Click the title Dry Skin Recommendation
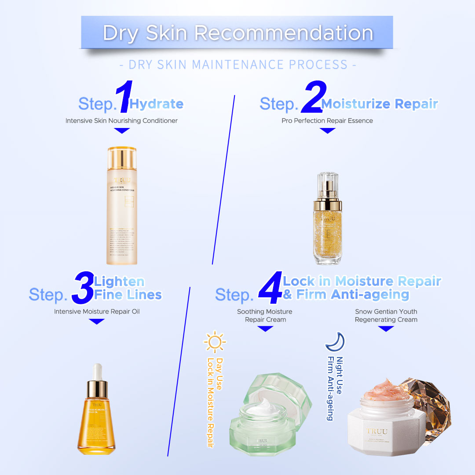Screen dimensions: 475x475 (237, 33)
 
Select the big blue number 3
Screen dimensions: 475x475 (83, 288)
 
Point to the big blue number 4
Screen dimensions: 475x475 (270, 288)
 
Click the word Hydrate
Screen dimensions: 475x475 (157, 104)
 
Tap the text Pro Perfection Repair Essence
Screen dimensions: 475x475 (327, 121)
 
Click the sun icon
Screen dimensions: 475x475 (215, 342)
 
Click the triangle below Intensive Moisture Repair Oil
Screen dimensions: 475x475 (97, 322)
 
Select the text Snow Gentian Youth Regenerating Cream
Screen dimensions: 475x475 (386, 315)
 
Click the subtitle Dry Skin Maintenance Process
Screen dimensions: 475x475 (237, 65)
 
